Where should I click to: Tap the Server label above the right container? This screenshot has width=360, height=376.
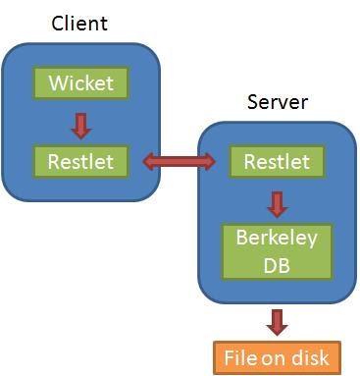(x=278, y=102)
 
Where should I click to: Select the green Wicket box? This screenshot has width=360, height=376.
(x=81, y=83)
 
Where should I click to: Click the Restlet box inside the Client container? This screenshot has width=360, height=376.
(x=81, y=160)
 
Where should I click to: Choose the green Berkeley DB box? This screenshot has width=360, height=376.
(x=278, y=250)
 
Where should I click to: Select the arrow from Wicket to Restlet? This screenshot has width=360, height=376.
(x=81, y=122)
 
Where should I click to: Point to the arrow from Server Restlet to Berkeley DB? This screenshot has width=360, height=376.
(x=278, y=203)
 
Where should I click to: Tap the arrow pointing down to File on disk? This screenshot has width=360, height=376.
(x=278, y=320)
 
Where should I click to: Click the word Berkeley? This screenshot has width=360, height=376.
(x=278, y=238)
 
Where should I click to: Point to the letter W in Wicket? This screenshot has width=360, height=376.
(x=56, y=83)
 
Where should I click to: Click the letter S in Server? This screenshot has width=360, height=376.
(x=252, y=102)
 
